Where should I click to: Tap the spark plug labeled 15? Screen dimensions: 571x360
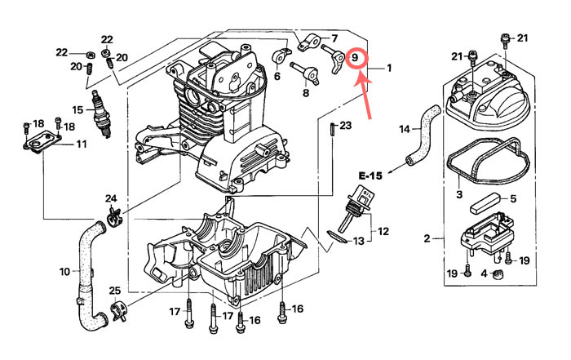(x=101, y=114)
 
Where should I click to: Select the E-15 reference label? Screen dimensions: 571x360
(x=370, y=176)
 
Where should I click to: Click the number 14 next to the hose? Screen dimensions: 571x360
(x=405, y=129)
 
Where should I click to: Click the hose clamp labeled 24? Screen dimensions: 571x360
(x=114, y=216)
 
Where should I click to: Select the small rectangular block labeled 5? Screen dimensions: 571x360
(x=483, y=205)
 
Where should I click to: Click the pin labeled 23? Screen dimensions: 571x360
(x=333, y=129)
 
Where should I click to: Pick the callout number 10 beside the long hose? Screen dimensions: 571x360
(x=64, y=272)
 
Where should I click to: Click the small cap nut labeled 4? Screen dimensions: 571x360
(x=498, y=273)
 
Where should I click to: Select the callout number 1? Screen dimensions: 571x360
(x=389, y=68)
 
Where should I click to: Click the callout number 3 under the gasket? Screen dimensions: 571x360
(x=459, y=194)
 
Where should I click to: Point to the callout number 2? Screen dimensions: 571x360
(x=427, y=238)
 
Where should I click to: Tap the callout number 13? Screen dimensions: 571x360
(x=359, y=241)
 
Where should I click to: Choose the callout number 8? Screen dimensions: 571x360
(x=306, y=93)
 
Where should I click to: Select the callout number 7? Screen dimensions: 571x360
(x=334, y=38)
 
